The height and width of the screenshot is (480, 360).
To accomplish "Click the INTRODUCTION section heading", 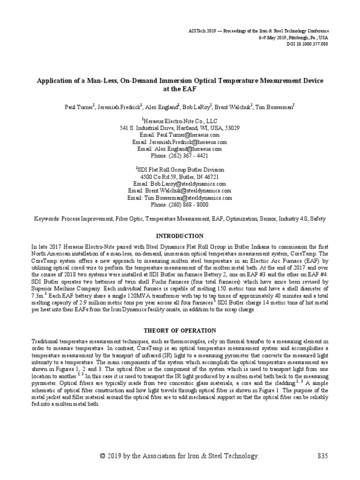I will (180, 236).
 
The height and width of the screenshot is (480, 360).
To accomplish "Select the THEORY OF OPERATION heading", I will (180, 330).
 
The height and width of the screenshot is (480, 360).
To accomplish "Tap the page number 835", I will (323, 456).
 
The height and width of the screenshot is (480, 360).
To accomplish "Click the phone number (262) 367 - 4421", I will (180, 156).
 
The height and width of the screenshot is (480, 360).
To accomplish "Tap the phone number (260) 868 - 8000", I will (180, 205).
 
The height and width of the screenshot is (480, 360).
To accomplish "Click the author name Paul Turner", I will (79, 107).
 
